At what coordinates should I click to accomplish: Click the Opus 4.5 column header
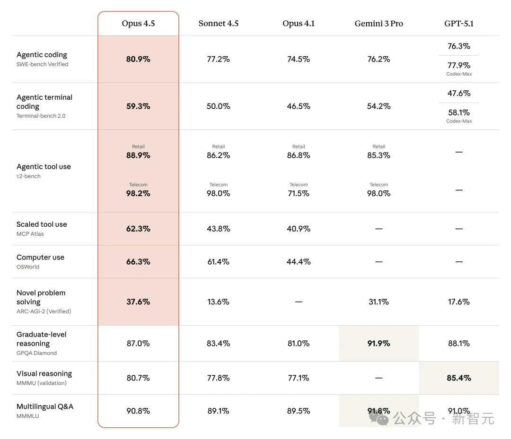[x=138, y=24]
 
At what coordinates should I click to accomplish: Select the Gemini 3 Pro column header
[x=379, y=24]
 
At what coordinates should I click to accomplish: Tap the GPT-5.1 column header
[x=458, y=24]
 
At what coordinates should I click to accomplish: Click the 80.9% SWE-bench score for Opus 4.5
[x=138, y=59]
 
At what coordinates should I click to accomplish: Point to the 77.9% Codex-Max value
[x=458, y=65]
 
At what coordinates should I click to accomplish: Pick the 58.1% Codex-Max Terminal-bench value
[x=458, y=112]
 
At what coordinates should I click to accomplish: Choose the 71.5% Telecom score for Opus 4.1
[x=299, y=193]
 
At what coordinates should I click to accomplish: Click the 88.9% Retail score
[x=138, y=155]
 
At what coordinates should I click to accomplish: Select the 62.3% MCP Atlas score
[x=138, y=229]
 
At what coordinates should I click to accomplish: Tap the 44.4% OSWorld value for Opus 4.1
[x=299, y=262]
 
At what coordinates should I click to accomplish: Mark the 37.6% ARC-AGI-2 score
[x=138, y=301]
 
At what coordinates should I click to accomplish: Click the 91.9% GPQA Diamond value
[x=379, y=344]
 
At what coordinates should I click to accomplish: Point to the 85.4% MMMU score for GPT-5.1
[x=458, y=378]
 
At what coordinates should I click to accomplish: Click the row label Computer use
[x=40, y=258]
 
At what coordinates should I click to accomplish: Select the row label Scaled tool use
[x=42, y=224]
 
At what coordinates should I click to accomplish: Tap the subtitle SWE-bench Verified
[x=42, y=64]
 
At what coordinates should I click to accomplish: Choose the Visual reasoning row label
[x=44, y=374]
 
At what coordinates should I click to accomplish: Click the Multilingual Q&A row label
[x=45, y=407]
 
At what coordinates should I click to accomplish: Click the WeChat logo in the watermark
[x=379, y=418]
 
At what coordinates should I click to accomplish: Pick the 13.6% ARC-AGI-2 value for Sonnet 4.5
[x=218, y=301]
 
